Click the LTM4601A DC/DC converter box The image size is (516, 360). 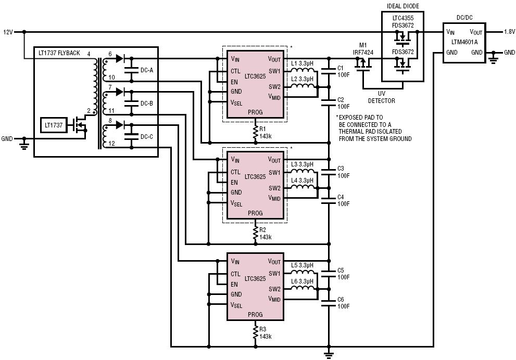[x=464, y=43]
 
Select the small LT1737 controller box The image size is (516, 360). [x=54, y=125]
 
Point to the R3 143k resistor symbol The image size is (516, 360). [x=255, y=333]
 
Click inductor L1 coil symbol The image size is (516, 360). [x=302, y=70]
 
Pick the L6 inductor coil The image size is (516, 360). [x=302, y=289]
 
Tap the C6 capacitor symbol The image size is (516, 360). [x=329, y=303]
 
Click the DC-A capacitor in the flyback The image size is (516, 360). [x=132, y=70]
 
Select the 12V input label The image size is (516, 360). [x=8, y=32]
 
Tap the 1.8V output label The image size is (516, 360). [x=509, y=32]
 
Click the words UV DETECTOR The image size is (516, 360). [x=382, y=97]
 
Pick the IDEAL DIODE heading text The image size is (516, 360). [x=403, y=6]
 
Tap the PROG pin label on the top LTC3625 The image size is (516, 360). [x=255, y=112]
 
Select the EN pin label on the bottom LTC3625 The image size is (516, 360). [x=234, y=284]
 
